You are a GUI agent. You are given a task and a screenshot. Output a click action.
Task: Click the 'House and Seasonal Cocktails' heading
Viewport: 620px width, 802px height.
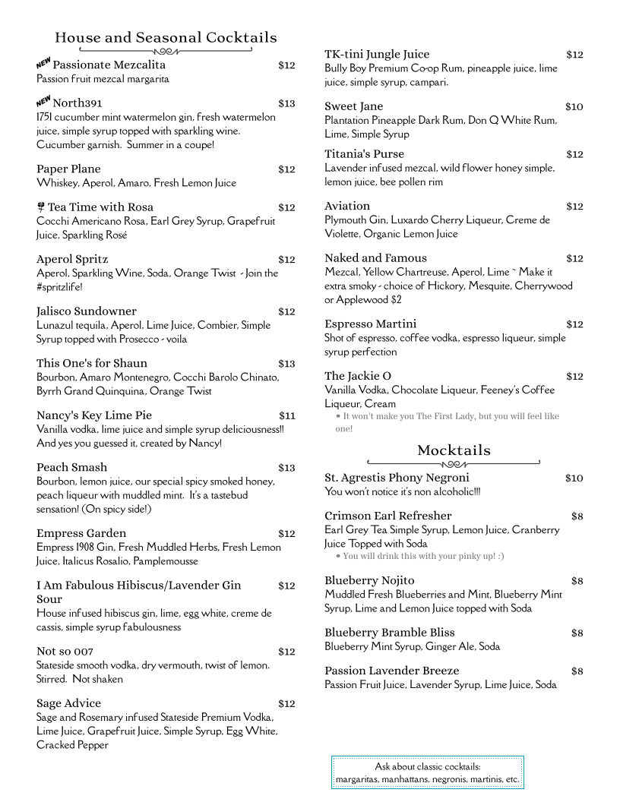[166, 37]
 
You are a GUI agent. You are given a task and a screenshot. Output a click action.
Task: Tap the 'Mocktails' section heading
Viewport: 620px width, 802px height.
[454, 450]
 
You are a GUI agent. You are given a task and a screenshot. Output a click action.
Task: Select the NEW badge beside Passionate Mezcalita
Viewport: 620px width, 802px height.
[43, 63]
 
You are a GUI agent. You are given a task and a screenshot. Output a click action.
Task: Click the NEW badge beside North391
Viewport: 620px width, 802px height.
[43, 101]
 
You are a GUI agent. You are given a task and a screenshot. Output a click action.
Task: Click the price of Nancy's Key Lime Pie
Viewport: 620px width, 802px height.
[286, 415]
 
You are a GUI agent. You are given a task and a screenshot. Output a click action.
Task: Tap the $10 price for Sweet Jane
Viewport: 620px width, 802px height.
[574, 106]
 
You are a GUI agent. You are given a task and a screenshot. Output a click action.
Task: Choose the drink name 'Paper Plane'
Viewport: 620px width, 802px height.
[68, 169]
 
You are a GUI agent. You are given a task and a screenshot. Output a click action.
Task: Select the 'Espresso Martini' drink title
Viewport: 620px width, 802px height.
[370, 324]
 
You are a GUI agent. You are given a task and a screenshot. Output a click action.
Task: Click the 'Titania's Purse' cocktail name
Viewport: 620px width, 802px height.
[364, 153]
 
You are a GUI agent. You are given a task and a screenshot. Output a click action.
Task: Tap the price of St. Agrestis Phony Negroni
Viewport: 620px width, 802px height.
[574, 478]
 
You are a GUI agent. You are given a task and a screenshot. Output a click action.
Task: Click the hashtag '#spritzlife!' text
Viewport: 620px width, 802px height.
[59, 287]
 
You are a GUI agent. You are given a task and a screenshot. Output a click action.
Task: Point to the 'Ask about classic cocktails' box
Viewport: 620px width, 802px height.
[427, 772]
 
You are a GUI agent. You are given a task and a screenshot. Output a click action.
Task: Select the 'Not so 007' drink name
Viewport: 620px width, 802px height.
[65, 651]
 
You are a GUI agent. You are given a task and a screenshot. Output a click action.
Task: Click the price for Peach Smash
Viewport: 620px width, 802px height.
[286, 467]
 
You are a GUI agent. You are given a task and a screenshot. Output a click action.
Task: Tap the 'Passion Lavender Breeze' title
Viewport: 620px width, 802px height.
[391, 671]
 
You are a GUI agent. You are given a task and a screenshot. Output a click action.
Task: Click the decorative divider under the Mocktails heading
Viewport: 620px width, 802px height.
[454, 463]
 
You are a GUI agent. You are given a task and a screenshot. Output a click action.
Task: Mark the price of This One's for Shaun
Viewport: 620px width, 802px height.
[286, 363]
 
